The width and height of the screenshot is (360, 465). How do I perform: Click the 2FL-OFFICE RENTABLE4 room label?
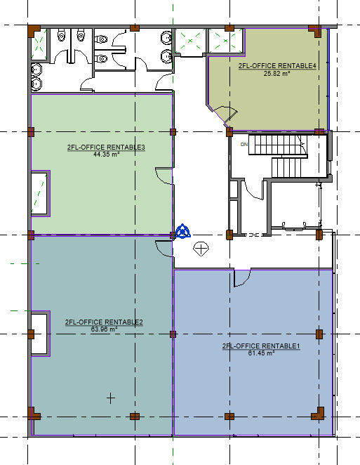[277, 66]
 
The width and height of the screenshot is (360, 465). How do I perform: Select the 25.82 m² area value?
[276, 73]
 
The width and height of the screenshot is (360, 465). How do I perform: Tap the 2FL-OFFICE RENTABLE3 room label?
[106, 148]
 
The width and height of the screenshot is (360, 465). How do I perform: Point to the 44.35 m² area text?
[107, 155]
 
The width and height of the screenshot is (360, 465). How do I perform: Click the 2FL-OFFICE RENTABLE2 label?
[104, 322]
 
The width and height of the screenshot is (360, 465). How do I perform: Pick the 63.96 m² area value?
[105, 329]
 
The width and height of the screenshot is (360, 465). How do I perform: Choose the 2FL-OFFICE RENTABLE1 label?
[261, 346]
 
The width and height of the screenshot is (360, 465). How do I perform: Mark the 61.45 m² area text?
[261, 353]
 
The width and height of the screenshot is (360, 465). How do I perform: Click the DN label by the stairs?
[244, 145]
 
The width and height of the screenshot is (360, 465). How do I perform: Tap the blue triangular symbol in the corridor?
[182, 231]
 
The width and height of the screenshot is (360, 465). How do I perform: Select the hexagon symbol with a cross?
[201, 249]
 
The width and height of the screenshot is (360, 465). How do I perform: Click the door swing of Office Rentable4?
[227, 114]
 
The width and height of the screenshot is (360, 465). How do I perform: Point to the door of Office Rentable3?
[164, 176]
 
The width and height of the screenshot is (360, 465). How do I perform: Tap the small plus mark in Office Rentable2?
[110, 398]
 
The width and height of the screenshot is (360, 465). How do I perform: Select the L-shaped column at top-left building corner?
[34, 31]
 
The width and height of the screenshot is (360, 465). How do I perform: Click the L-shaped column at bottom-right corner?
[318, 414]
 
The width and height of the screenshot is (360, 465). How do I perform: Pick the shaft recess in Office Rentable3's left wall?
[40, 193]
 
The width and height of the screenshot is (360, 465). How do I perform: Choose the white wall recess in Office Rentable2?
[40, 334]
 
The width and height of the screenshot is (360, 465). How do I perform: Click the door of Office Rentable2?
[164, 249]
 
